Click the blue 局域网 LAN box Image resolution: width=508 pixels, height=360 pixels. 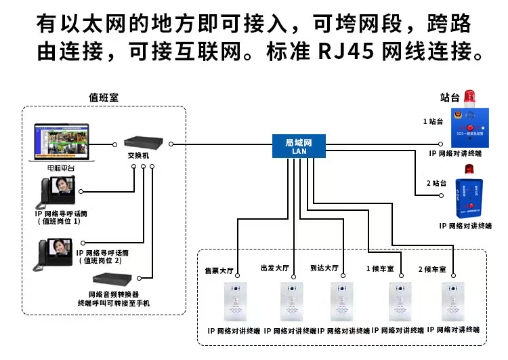[x=299, y=146]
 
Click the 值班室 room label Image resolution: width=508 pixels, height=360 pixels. [x=104, y=98]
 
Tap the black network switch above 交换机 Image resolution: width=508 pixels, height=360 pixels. [x=143, y=143]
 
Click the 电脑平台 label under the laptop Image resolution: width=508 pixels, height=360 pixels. [x=62, y=167]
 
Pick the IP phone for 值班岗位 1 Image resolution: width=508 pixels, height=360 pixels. [x=58, y=193]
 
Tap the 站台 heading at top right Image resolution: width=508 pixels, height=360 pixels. [x=450, y=98]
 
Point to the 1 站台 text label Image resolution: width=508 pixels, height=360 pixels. [x=433, y=122]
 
